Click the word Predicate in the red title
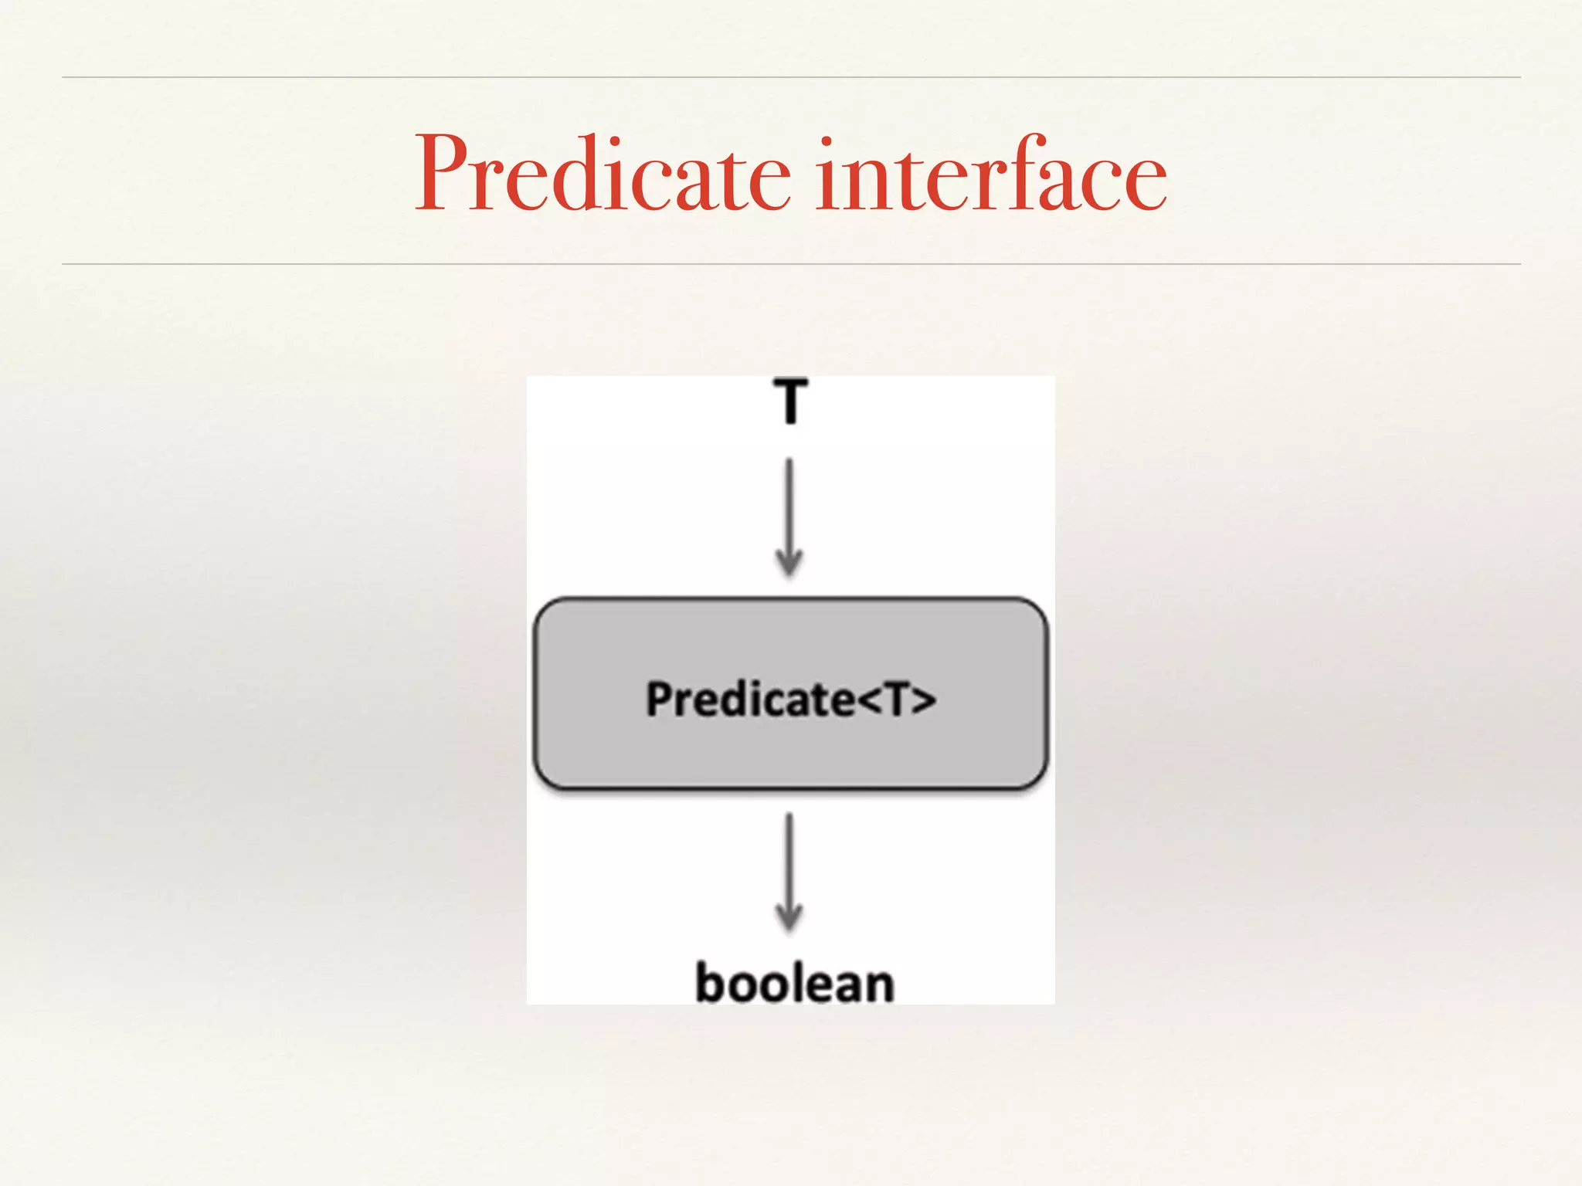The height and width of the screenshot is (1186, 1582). pos(603,174)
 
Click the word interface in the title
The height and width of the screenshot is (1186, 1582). pos(992,174)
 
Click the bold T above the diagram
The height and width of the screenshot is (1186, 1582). pos(790,401)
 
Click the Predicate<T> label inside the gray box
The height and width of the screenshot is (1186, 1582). pos(790,699)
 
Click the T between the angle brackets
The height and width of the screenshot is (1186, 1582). pos(897,700)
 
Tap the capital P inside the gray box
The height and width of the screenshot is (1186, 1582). pos(660,700)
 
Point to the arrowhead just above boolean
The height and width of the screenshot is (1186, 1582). pos(789,920)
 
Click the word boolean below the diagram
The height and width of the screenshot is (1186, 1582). pos(795,983)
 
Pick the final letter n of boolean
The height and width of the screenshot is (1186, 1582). pos(879,986)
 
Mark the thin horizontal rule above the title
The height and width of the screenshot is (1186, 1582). pos(791,77)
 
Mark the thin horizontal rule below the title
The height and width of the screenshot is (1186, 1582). pos(791,264)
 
